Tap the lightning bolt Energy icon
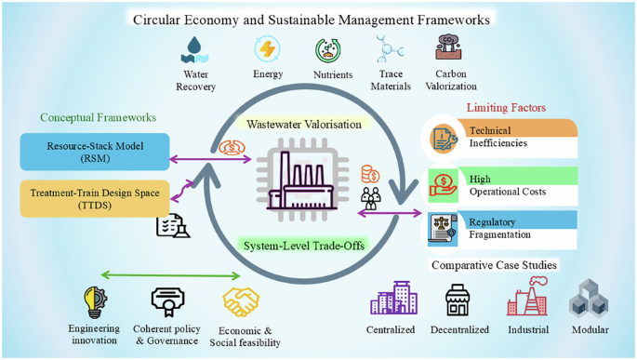click(x=267, y=48)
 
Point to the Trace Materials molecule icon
click(x=390, y=48)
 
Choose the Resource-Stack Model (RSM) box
click(x=94, y=152)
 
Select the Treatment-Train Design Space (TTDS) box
click(x=94, y=198)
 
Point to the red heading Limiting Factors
click(x=506, y=109)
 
